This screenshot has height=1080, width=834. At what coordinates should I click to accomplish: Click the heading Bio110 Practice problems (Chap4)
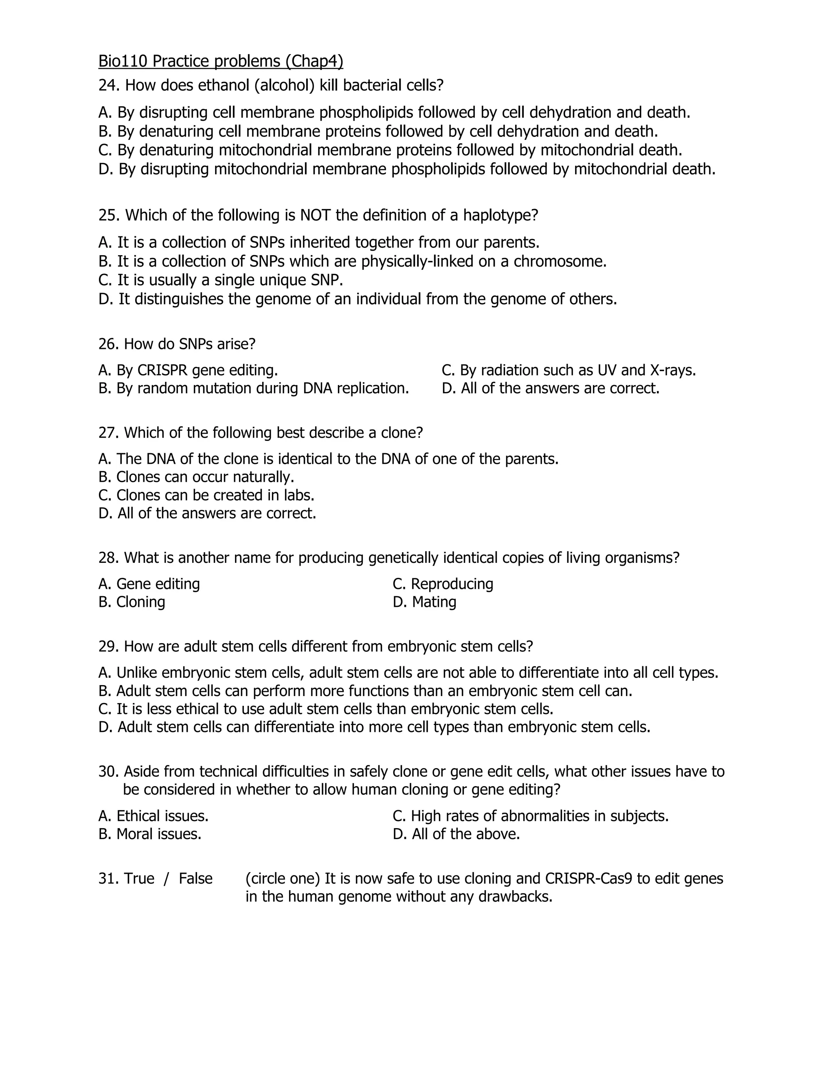pos(220,61)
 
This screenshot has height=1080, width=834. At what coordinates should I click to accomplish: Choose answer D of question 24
pos(407,169)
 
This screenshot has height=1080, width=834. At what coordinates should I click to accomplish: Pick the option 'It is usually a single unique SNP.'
pos(220,280)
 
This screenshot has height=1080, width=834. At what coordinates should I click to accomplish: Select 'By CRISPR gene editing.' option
pos(188,370)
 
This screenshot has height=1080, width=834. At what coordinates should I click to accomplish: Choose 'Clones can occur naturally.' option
pos(196,477)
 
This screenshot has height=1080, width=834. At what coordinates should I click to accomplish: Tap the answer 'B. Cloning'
pos(132,602)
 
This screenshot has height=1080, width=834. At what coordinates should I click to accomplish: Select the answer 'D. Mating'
pos(424,602)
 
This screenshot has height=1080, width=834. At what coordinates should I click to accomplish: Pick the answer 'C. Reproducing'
pos(443,584)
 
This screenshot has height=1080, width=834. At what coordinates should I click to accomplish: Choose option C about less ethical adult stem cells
pos(326,709)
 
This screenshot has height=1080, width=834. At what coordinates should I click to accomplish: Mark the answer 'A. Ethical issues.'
pos(153,816)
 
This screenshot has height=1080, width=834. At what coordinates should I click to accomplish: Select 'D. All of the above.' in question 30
pos(456,834)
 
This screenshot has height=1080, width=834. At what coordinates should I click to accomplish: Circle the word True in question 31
pos(139,879)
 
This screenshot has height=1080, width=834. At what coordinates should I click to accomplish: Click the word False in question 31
pos(195,879)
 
